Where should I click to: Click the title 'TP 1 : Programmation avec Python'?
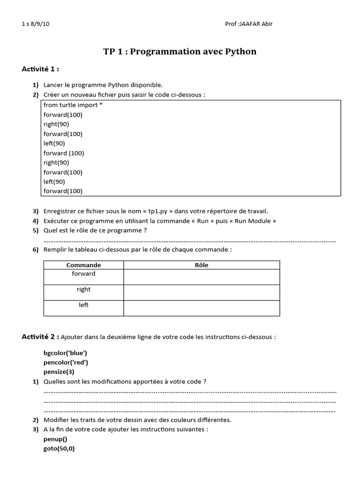click(x=180, y=52)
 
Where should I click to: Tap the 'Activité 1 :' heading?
click(x=40, y=69)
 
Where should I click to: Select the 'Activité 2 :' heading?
click(x=40, y=337)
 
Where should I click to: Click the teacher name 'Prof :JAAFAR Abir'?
click(x=248, y=24)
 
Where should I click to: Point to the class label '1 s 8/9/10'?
click(x=36, y=24)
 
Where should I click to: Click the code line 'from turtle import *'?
click(x=73, y=105)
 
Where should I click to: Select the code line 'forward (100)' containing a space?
click(x=64, y=153)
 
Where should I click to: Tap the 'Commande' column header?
click(x=83, y=265)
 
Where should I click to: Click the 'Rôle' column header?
click(x=202, y=265)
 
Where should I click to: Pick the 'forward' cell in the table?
click(x=83, y=274)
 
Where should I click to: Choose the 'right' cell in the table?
click(x=83, y=290)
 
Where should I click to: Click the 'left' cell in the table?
click(x=83, y=305)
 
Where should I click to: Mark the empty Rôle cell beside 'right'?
click(x=202, y=292)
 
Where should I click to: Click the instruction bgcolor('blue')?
click(x=65, y=352)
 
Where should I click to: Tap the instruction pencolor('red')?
click(x=66, y=362)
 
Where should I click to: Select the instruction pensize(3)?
click(x=59, y=372)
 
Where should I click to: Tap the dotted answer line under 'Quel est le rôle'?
click(x=189, y=240)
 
